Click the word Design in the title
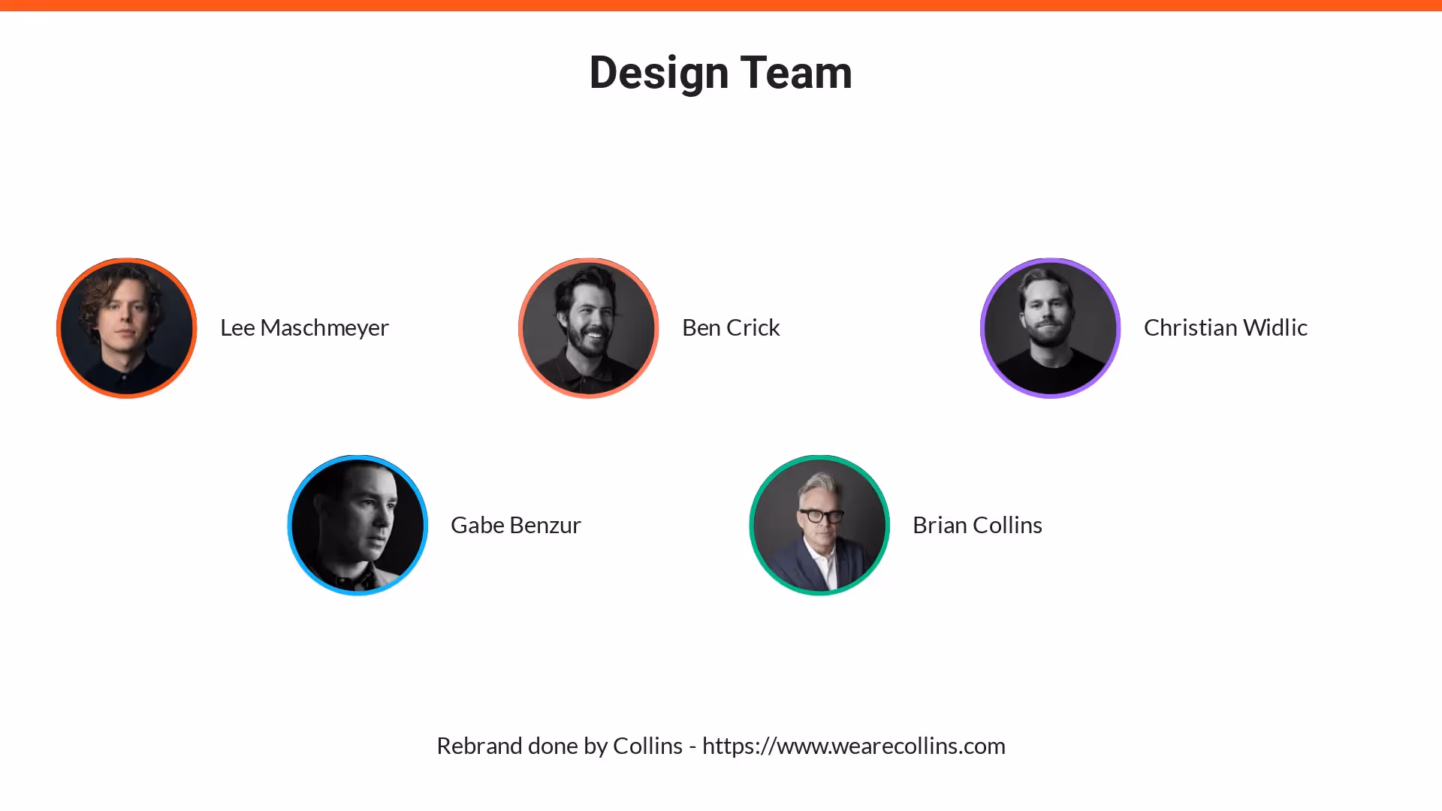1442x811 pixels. [659, 74]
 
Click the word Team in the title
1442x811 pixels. [796, 74]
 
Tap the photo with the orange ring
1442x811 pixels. [127, 328]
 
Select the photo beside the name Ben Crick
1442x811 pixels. [589, 328]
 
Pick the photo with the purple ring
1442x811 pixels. [1050, 328]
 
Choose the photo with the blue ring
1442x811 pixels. [357, 525]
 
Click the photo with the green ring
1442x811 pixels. [819, 525]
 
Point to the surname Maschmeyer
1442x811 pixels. [324, 328]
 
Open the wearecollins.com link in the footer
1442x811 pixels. [853, 746]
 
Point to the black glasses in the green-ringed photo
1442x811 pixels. [821, 516]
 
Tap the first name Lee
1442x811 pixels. [237, 328]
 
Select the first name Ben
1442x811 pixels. [701, 328]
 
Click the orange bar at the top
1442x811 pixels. [721, 5]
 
